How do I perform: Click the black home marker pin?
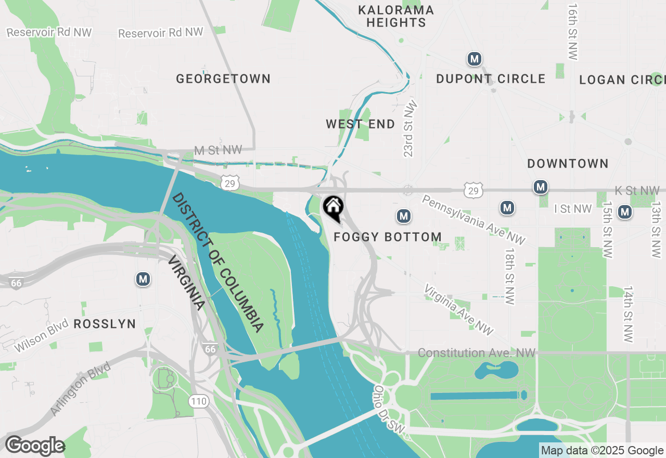(x=333, y=207)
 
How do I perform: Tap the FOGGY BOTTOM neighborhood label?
(x=388, y=237)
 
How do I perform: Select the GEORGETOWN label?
(x=223, y=79)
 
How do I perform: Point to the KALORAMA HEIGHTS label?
(x=396, y=16)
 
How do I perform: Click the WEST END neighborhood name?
(x=360, y=124)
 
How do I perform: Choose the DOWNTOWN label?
(x=568, y=164)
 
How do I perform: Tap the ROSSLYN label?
(x=105, y=324)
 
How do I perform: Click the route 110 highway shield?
(x=199, y=401)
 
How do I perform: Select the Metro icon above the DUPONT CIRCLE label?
(x=474, y=59)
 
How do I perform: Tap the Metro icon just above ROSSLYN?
(x=143, y=279)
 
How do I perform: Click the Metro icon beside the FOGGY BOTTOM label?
(x=403, y=215)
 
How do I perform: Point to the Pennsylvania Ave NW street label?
(x=473, y=220)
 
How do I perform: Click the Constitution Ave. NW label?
(x=476, y=353)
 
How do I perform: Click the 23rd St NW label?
(x=411, y=128)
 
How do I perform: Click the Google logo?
(x=35, y=446)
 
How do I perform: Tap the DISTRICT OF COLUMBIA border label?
(x=218, y=263)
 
